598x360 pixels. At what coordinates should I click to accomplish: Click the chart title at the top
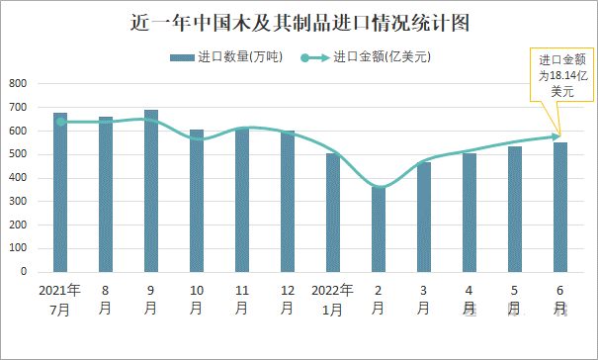299,22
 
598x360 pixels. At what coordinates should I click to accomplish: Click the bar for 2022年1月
333,213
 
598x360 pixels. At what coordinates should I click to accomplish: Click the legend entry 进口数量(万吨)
226,57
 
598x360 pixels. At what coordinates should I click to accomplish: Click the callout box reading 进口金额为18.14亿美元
562,75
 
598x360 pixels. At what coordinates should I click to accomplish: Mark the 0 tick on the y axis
24,272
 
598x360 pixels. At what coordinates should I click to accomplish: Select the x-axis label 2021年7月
60,300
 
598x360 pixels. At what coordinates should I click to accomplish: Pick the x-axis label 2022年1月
333,300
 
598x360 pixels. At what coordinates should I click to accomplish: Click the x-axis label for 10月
197,300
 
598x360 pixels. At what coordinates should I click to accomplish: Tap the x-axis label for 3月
424,300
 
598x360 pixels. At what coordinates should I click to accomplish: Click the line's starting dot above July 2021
60,122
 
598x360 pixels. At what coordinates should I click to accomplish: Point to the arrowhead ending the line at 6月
558,136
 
